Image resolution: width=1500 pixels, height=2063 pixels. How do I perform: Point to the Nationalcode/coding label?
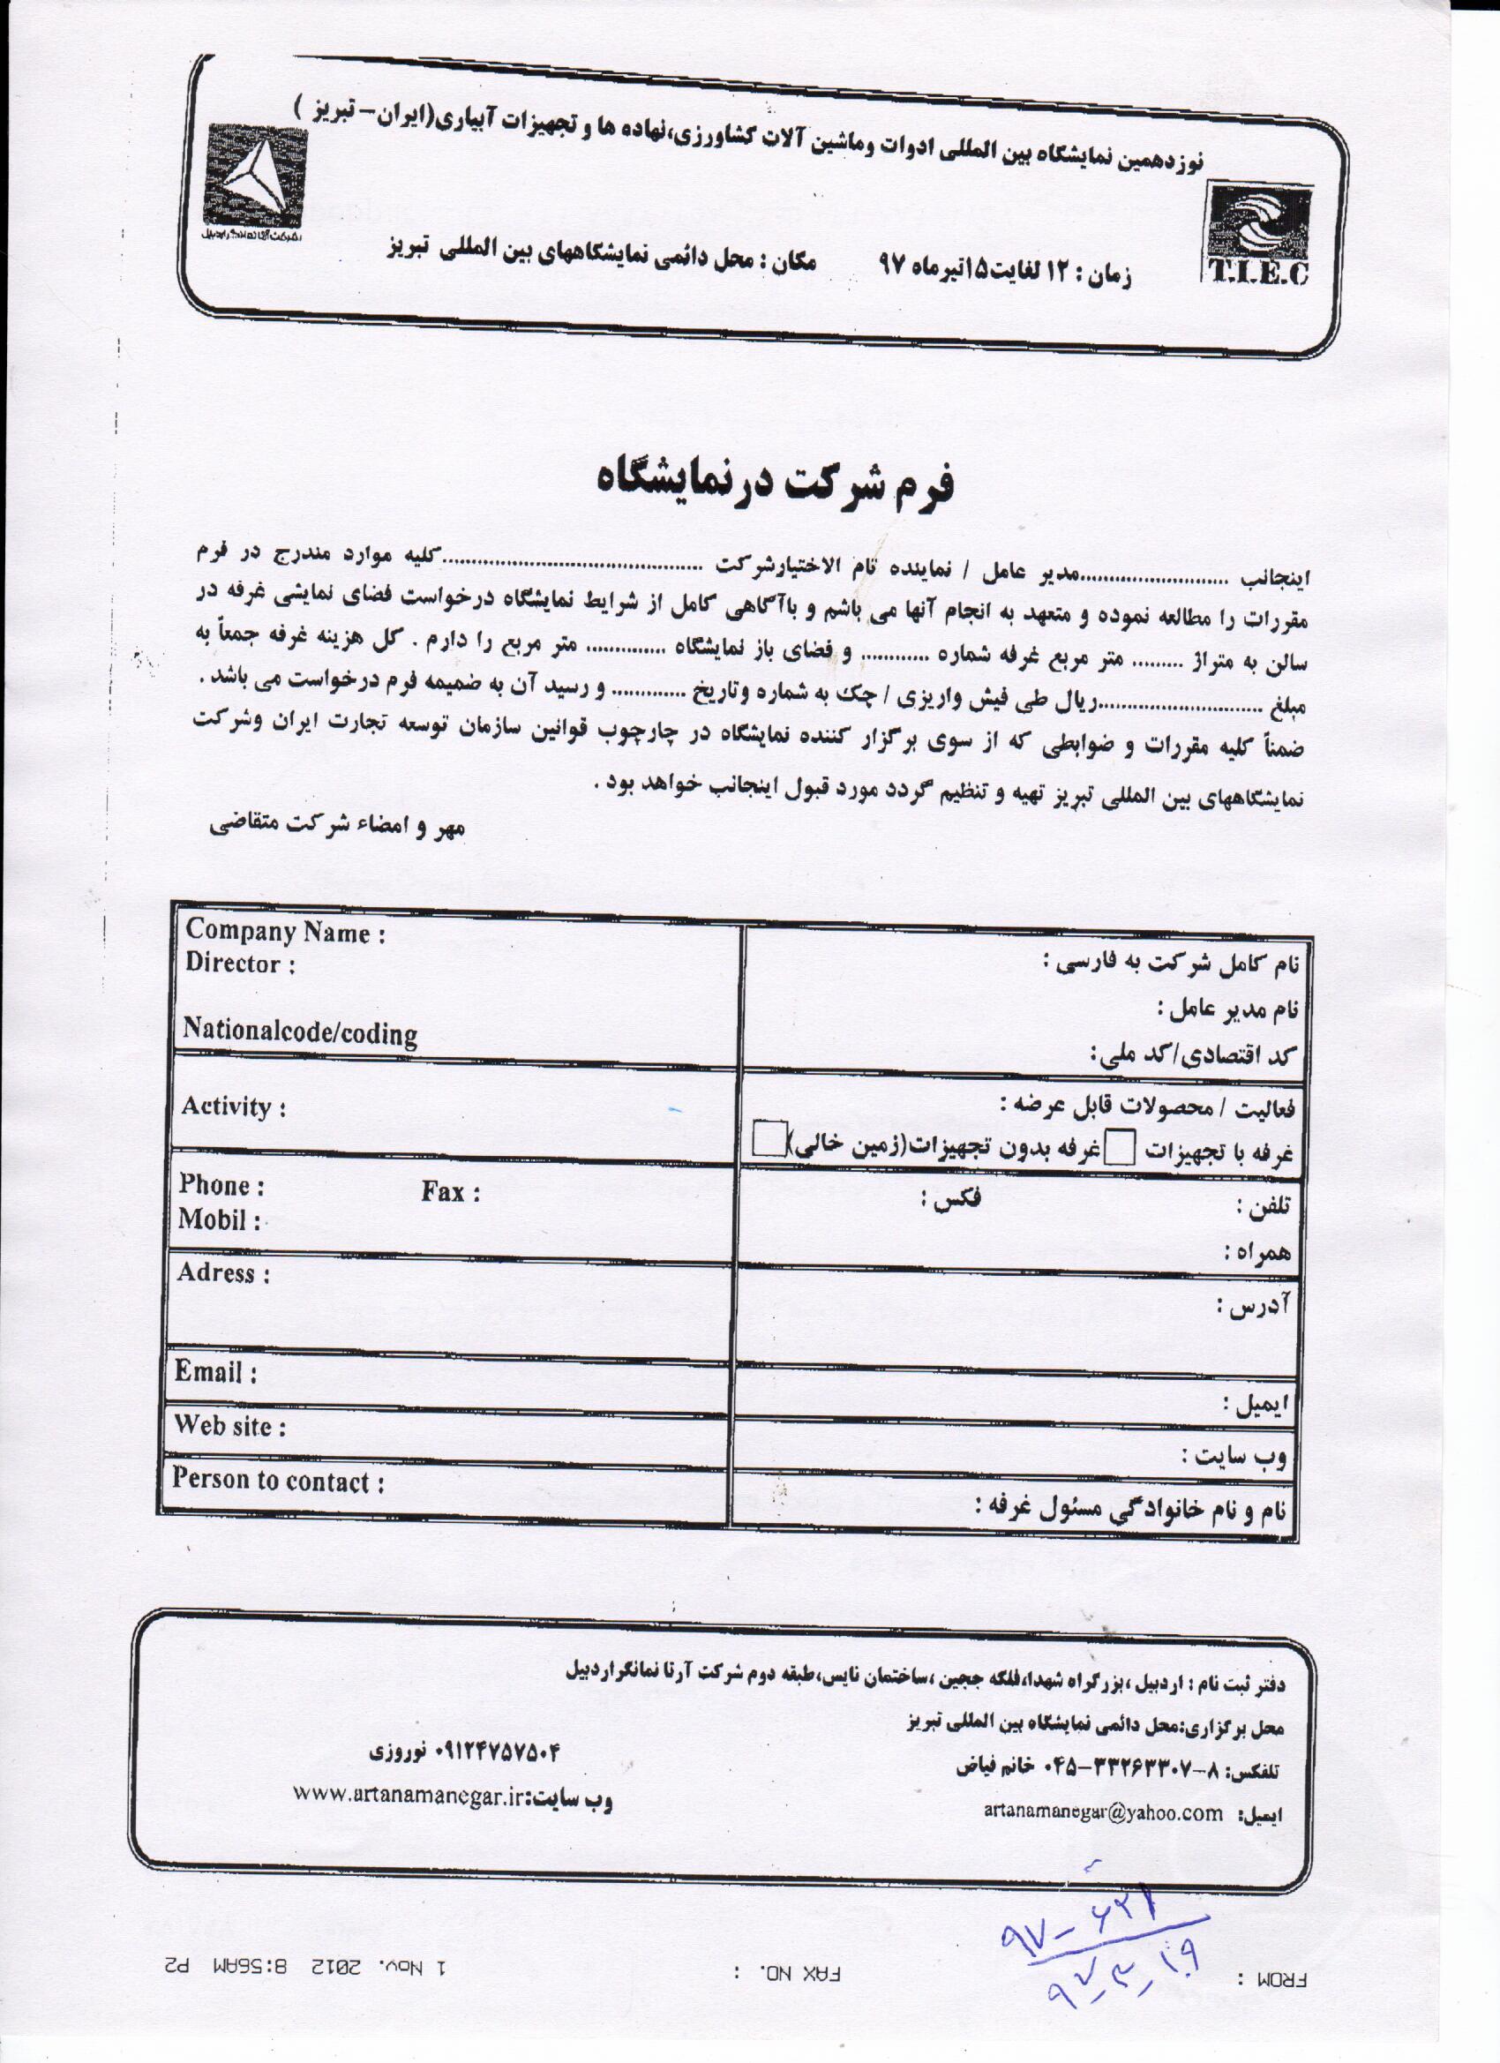[300, 1032]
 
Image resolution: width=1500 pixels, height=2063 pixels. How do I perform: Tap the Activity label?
[234, 1107]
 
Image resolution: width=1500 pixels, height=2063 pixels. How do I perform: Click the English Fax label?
[450, 1191]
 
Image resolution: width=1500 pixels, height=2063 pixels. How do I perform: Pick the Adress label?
[224, 1273]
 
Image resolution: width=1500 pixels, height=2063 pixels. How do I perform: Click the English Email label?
[215, 1372]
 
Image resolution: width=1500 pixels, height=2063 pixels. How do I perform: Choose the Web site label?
[230, 1426]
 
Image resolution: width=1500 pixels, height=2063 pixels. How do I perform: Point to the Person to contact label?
[278, 1481]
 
